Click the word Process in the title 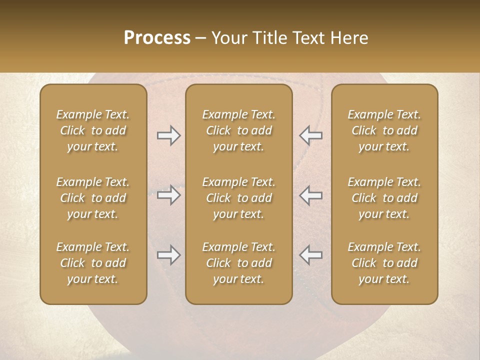pyautogui.click(x=157, y=38)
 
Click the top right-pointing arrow pyautogui.click(x=168, y=135)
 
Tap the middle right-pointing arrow pyautogui.click(x=168, y=195)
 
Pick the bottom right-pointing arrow pyautogui.click(x=168, y=255)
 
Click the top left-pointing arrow pyautogui.click(x=311, y=135)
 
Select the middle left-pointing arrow pyautogui.click(x=311, y=195)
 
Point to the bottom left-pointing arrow pyautogui.click(x=311, y=255)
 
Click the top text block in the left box pyautogui.click(x=93, y=130)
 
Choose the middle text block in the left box pyautogui.click(x=93, y=198)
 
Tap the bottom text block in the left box pyautogui.click(x=93, y=263)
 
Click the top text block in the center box pyautogui.click(x=238, y=130)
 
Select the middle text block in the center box pyautogui.click(x=238, y=198)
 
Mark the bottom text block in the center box pyautogui.click(x=238, y=263)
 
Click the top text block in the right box pyautogui.click(x=384, y=130)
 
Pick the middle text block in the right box pyautogui.click(x=384, y=198)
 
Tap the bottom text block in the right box pyautogui.click(x=384, y=263)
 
